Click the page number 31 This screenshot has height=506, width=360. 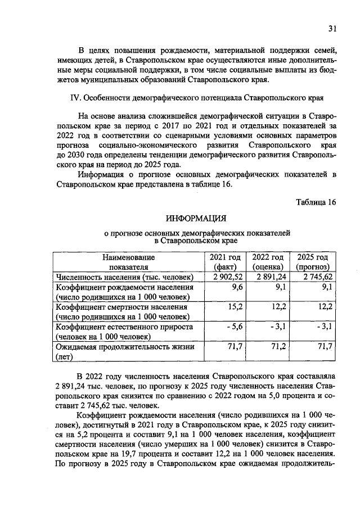[332, 29]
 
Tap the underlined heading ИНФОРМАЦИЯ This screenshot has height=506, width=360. [196, 219]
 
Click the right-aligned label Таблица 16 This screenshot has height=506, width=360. [316, 202]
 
